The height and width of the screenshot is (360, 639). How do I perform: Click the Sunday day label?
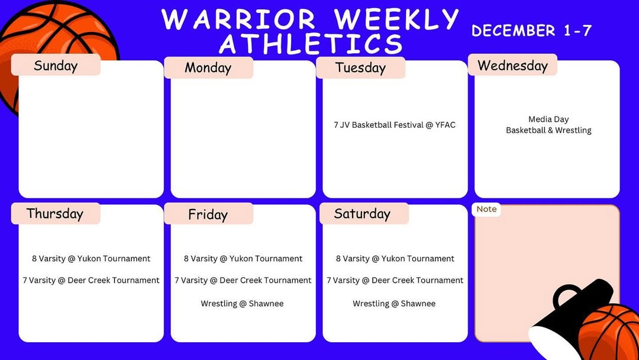(56, 66)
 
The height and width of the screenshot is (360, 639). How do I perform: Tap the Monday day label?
(208, 67)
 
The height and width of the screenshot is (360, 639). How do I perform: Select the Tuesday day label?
(360, 67)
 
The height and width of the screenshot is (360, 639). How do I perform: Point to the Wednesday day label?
(512, 65)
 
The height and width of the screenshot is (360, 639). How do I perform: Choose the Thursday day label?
(54, 214)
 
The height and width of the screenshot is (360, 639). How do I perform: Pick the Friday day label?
(208, 214)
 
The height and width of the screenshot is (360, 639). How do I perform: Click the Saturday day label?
(362, 214)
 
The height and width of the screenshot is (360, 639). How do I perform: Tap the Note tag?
(486, 209)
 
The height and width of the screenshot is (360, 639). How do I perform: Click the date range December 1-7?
(531, 31)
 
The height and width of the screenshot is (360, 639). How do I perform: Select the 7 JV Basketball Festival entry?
(395, 125)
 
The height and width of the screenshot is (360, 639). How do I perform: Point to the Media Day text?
(548, 120)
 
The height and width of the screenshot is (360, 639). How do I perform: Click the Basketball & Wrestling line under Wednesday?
(548, 130)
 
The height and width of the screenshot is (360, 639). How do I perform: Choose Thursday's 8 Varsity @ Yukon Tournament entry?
(91, 259)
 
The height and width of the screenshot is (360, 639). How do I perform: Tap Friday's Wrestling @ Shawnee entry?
(242, 304)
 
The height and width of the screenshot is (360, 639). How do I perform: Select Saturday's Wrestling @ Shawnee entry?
(394, 304)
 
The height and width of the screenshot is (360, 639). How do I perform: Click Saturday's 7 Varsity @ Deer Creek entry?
(395, 281)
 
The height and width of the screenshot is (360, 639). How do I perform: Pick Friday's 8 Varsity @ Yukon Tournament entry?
(243, 259)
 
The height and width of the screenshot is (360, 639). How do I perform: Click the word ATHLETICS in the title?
(311, 44)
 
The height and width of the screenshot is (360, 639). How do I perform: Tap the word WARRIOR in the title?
(239, 19)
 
